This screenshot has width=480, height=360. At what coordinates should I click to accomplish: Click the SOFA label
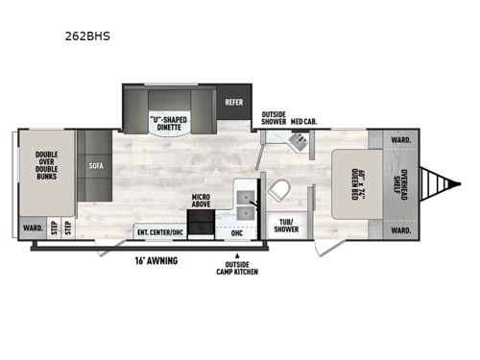click(x=97, y=165)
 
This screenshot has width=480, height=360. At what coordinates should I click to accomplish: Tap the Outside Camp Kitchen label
click(x=236, y=269)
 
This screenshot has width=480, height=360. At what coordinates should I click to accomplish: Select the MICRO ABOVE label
click(x=201, y=201)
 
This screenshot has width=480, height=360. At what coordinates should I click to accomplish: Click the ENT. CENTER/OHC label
click(x=160, y=231)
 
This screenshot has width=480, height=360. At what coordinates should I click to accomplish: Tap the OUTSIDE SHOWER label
click(x=274, y=118)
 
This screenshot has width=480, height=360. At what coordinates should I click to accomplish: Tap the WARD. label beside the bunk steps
click(x=31, y=230)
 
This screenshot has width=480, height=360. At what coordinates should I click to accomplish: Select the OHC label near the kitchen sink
click(x=237, y=231)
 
